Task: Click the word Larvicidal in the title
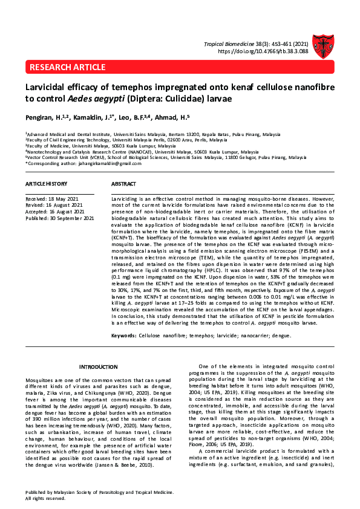(49, 87)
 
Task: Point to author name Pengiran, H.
(41, 117)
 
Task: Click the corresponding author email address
(98, 164)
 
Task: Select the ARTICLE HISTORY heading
(46, 183)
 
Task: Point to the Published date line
(59, 218)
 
